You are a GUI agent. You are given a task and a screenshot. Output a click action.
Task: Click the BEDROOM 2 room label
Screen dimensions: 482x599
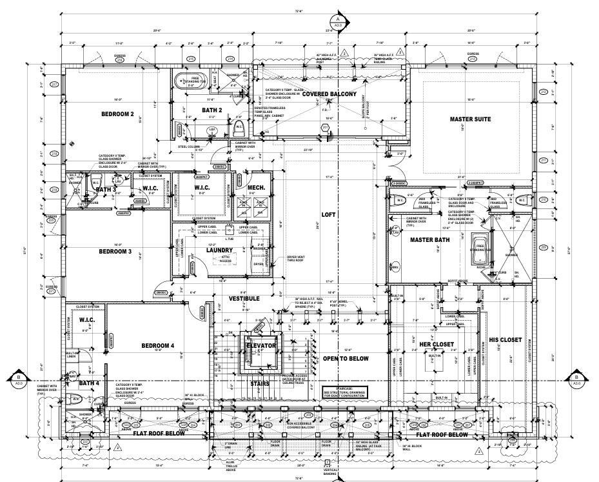[117, 114]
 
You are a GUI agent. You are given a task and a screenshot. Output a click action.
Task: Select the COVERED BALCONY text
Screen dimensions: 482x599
[329, 94]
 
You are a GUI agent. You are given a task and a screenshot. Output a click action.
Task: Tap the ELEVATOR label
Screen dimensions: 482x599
[261, 346]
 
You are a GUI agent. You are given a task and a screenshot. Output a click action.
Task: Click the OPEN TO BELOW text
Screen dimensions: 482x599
[346, 358]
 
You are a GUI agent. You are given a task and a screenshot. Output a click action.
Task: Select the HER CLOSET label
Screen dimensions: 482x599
[437, 344]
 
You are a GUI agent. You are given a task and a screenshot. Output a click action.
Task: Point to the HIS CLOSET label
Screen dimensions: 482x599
[505, 339]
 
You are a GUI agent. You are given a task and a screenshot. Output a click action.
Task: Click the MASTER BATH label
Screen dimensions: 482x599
[429, 239]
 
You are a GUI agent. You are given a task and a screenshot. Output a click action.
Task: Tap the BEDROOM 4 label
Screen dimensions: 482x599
[158, 346]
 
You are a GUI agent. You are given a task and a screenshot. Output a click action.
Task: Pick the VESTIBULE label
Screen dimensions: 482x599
[244, 299]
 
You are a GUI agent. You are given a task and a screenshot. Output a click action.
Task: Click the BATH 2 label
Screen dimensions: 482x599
[211, 110]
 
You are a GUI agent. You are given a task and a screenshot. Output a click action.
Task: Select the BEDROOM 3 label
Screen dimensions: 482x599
[115, 252]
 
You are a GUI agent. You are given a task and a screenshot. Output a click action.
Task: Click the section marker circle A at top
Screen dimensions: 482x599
[333, 19]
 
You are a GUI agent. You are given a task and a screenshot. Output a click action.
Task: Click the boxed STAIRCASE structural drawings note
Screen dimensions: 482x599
[345, 393]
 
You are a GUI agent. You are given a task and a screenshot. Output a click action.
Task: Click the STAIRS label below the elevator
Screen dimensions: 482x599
[260, 383]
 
